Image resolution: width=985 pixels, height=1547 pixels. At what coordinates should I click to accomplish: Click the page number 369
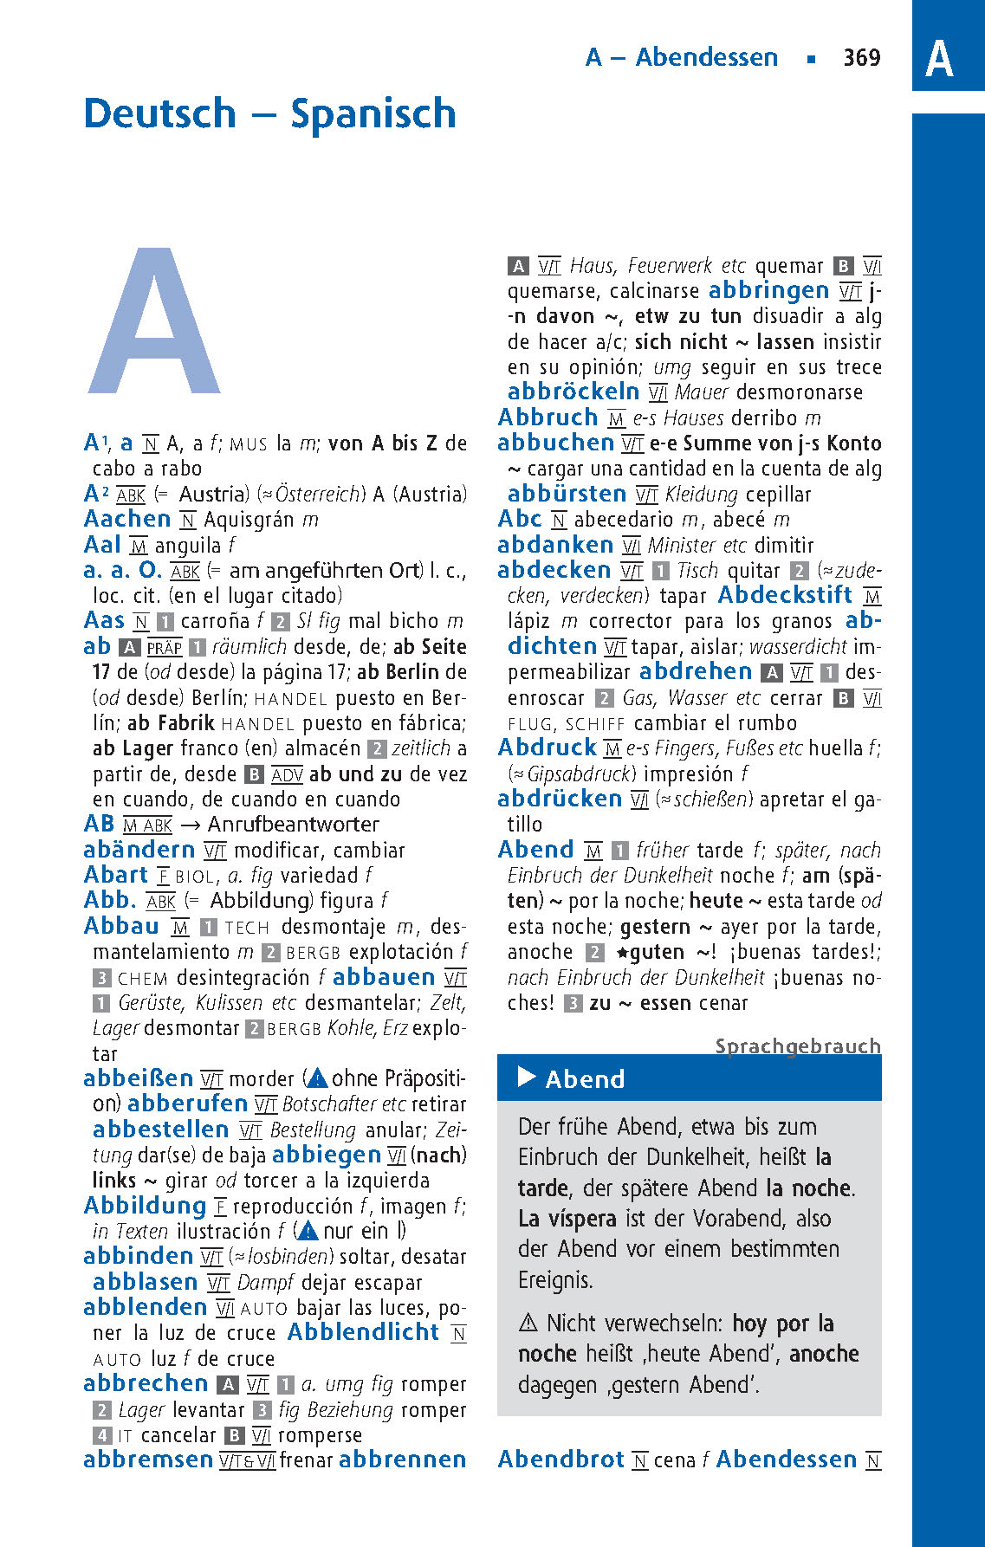coord(861,58)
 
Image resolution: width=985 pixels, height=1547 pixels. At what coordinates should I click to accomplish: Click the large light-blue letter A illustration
coord(154,322)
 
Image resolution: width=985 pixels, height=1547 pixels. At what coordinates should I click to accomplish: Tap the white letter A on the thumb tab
coord(939,59)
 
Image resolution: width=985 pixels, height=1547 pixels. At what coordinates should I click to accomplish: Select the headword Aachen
coord(127,519)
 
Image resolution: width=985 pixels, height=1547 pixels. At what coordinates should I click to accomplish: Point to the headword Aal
coord(102,545)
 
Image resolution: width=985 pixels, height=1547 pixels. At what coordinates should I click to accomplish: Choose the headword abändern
coord(139,850)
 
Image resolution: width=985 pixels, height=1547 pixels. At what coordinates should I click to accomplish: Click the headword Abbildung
coord(145,1206)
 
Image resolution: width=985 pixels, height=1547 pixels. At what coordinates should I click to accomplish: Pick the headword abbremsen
coord(148,1460)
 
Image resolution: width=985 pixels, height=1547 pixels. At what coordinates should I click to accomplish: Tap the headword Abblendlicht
coord(363,1332)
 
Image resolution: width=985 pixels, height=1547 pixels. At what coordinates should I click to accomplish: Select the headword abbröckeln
coord(574,392)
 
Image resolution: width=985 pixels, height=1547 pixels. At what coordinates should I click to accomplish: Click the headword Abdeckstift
coord(785,595)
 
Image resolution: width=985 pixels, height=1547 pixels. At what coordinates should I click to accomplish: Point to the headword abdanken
coord(555,545)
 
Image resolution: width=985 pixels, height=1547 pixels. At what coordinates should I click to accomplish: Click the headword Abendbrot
coord(561,1460)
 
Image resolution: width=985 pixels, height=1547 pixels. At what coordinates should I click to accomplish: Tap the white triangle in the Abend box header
coord(526,1077)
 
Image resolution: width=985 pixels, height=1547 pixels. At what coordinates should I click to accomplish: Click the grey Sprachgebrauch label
coord(797,1045)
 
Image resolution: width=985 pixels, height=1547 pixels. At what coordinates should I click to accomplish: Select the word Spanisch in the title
coord(373,113)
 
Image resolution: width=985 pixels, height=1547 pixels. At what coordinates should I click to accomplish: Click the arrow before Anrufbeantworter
coord(191,825)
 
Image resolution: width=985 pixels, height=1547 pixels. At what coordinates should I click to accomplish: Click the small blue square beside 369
coord(811,59)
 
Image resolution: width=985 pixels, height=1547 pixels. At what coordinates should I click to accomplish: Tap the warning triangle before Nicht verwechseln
coord(528,1324)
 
